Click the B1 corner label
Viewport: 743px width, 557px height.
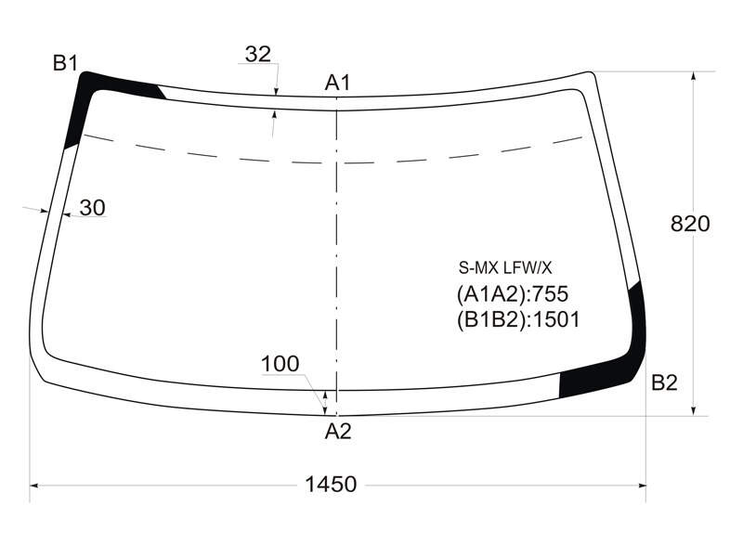pyautogui.click(x=65, y=62)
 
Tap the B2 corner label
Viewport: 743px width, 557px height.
pyautogui.click(x=664, y=382)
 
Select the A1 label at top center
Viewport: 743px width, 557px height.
pyautogui.click(x=337, y=83)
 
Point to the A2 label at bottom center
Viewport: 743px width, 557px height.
pyautogui.click(x=338, y=432)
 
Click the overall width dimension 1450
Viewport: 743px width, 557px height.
pyautogui.click(x=331, y=485)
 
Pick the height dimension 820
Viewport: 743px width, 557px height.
pyautogui.click(x=690, y=224)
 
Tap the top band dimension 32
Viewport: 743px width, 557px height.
pyautogui.click(x=258, y=55)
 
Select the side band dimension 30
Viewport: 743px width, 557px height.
pyautogui.click(x=92, y=207)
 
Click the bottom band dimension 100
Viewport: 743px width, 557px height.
pyautogui.click(x=280, y=364)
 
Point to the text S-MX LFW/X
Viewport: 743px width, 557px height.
pyautogui.click(x=505, y=268)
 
